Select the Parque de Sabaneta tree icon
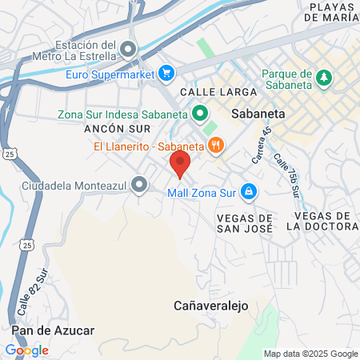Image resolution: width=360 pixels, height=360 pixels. coord(324,78)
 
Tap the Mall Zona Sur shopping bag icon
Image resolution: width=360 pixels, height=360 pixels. coord(249,191)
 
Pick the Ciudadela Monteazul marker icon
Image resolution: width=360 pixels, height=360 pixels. coord(140,186)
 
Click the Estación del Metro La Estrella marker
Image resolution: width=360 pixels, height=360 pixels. coord(127,50)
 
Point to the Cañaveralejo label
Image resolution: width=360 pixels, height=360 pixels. coord(212,306)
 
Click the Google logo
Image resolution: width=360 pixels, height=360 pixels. coord(26,350)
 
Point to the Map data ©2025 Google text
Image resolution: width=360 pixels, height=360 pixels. coord(311,354)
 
